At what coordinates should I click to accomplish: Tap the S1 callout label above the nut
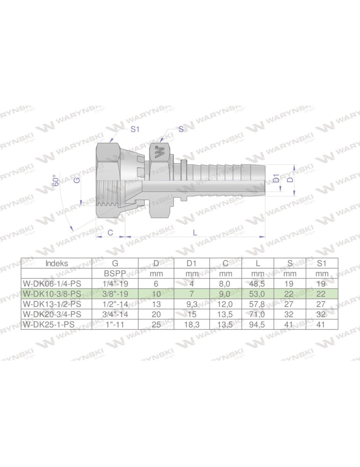(x=134, y=130)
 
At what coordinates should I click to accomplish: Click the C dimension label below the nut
(x=110, y=232)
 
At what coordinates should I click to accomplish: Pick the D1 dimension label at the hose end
(x=276, y=178)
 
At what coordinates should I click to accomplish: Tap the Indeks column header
(x=56, y=263)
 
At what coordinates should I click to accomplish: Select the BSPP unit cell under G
(x=115, y=273)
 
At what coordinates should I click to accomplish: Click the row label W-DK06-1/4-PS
(x=52, y=283)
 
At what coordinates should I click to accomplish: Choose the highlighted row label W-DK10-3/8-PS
(x=52, y=294)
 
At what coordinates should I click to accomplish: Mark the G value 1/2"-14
(x=115, y=304)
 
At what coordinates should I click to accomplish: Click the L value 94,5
(x=258, y=325)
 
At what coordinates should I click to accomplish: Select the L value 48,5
(x=258, y=283)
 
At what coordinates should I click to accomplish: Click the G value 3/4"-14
(x=115, y=314)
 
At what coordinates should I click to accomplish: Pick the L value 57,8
(x=258, y=304)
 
